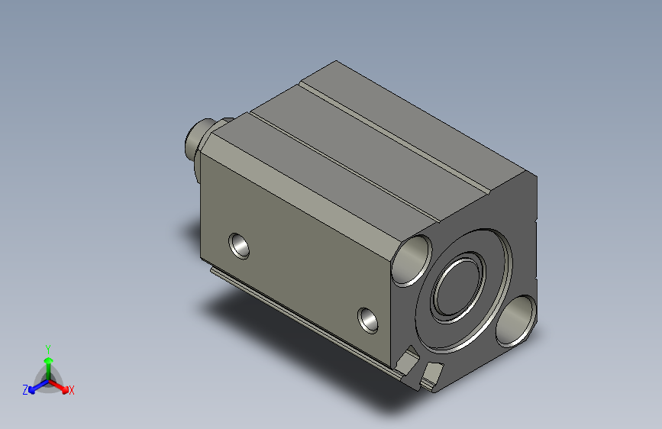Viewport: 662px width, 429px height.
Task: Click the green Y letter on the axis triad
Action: point(48,350)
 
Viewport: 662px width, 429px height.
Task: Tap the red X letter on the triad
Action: point(71,390)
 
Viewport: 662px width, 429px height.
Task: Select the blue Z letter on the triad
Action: point(25,390)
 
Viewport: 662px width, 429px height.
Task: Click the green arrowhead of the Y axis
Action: point(49,360)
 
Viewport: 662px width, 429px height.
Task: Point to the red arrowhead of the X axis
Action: point(65,389)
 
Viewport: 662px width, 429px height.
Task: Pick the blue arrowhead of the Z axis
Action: point(31,390)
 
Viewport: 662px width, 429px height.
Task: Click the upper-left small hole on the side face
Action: point(239,246)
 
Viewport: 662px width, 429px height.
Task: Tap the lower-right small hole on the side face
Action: point(368,321)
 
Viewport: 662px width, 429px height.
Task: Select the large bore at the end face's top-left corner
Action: point(412,260)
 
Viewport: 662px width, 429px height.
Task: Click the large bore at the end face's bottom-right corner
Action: point(515,321)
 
